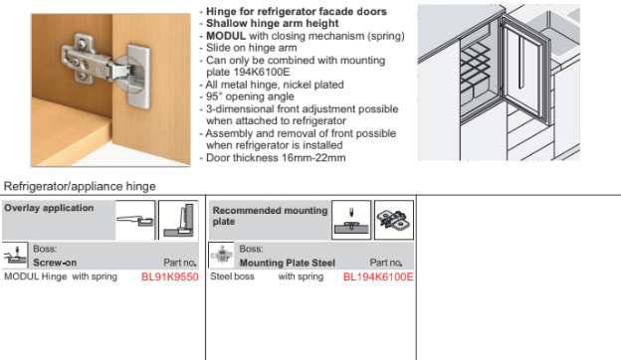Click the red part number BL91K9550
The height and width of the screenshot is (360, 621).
point(170,276)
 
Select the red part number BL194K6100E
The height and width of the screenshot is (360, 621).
point(378,276)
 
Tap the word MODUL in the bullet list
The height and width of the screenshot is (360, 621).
point(226,36)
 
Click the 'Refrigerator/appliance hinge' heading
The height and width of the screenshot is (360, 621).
point(80,186)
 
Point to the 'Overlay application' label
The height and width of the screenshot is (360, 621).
point(49,208)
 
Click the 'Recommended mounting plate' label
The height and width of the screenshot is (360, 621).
point(270,216)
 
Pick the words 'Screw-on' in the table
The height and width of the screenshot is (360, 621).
point(55,263)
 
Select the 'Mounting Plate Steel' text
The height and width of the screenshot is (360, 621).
point(288,263)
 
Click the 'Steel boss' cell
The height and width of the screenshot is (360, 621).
point(232,276)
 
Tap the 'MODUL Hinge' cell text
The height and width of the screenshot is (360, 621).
point(35,276)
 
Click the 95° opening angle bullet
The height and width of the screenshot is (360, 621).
point(250,96)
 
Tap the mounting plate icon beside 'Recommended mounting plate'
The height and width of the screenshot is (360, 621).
point(394,220)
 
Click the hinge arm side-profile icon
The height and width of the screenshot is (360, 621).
point(135,220)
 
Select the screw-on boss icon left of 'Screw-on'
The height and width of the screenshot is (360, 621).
point(15,256)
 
